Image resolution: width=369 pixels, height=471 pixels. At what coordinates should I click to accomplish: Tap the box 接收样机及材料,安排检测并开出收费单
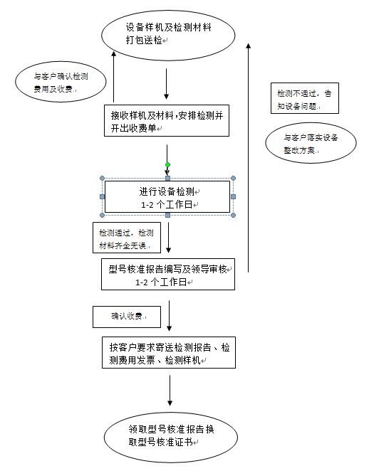[x=166, y=121]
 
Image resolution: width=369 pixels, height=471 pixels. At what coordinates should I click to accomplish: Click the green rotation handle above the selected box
[x=168, y=165]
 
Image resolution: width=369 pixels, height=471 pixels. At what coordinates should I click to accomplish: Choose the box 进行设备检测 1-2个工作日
[x=168, y=197]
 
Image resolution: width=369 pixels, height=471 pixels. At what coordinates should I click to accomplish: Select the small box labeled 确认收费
[x=125, y=316]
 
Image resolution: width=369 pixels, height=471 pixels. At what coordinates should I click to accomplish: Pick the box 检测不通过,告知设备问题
[x=303, y=99]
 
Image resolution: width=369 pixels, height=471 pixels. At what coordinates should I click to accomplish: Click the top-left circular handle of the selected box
[x=103, y=179]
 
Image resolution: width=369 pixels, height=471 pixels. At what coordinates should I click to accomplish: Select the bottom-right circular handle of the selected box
[x=234, y=215]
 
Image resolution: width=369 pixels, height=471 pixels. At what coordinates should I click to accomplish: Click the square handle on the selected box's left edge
[x=103, y=196]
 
